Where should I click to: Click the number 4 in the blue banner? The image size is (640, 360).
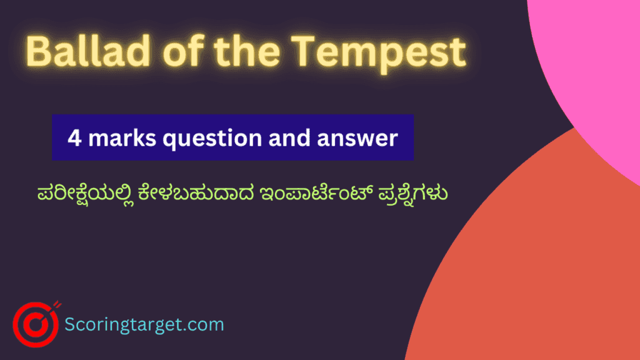point(73,137)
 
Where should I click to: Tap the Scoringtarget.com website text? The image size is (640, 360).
point(144,325)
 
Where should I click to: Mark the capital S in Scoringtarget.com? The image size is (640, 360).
point(71,324)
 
